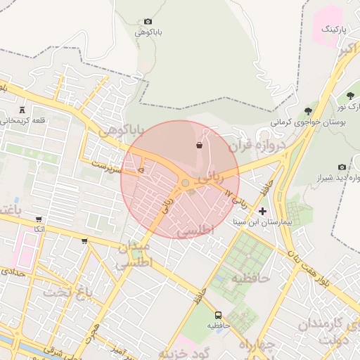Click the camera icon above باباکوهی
(x=148, y=22)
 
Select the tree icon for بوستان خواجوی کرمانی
(x=308, y=111)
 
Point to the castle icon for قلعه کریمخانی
(x=22, y=110)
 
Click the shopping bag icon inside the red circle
(x=200, y=146)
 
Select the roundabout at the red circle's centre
(x=185, y=183)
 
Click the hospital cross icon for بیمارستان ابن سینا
(x=263, y=211)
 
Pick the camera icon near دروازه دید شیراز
(x=342, y=167)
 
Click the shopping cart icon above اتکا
(x=38, y=219)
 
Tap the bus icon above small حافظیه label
(x=218, y=316)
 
